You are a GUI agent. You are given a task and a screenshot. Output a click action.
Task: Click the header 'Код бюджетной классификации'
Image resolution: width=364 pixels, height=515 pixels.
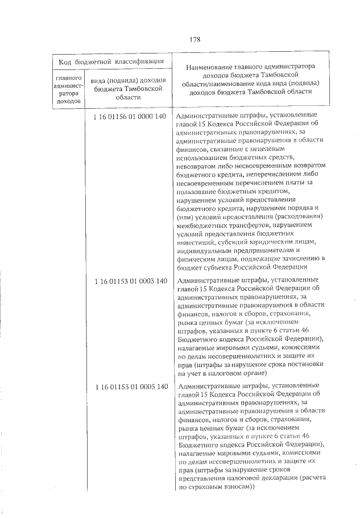tap(113, 61)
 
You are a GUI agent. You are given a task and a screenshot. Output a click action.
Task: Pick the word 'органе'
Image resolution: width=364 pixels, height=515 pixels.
tap(251, 372)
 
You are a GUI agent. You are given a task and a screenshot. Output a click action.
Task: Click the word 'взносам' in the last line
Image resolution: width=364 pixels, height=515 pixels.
tap(231, 488)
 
